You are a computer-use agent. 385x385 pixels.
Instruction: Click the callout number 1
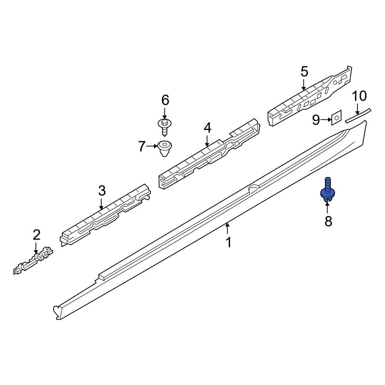click(228, 243)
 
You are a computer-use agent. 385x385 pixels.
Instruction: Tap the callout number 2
click(36, 234)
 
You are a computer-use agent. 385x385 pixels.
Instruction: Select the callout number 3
click(101, 190)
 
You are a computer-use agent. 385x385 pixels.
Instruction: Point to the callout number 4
click(208, 128)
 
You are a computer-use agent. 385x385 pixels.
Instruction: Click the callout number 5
click(304, 71)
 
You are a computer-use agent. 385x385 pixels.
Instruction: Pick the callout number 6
click(165, 100)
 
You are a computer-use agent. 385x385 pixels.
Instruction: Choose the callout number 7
click(142, 146)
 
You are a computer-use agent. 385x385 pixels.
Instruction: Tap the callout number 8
click(328, 221)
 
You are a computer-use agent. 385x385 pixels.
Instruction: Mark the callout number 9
click(316, 120)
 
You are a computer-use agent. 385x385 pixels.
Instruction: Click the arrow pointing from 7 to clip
click(152, 146)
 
